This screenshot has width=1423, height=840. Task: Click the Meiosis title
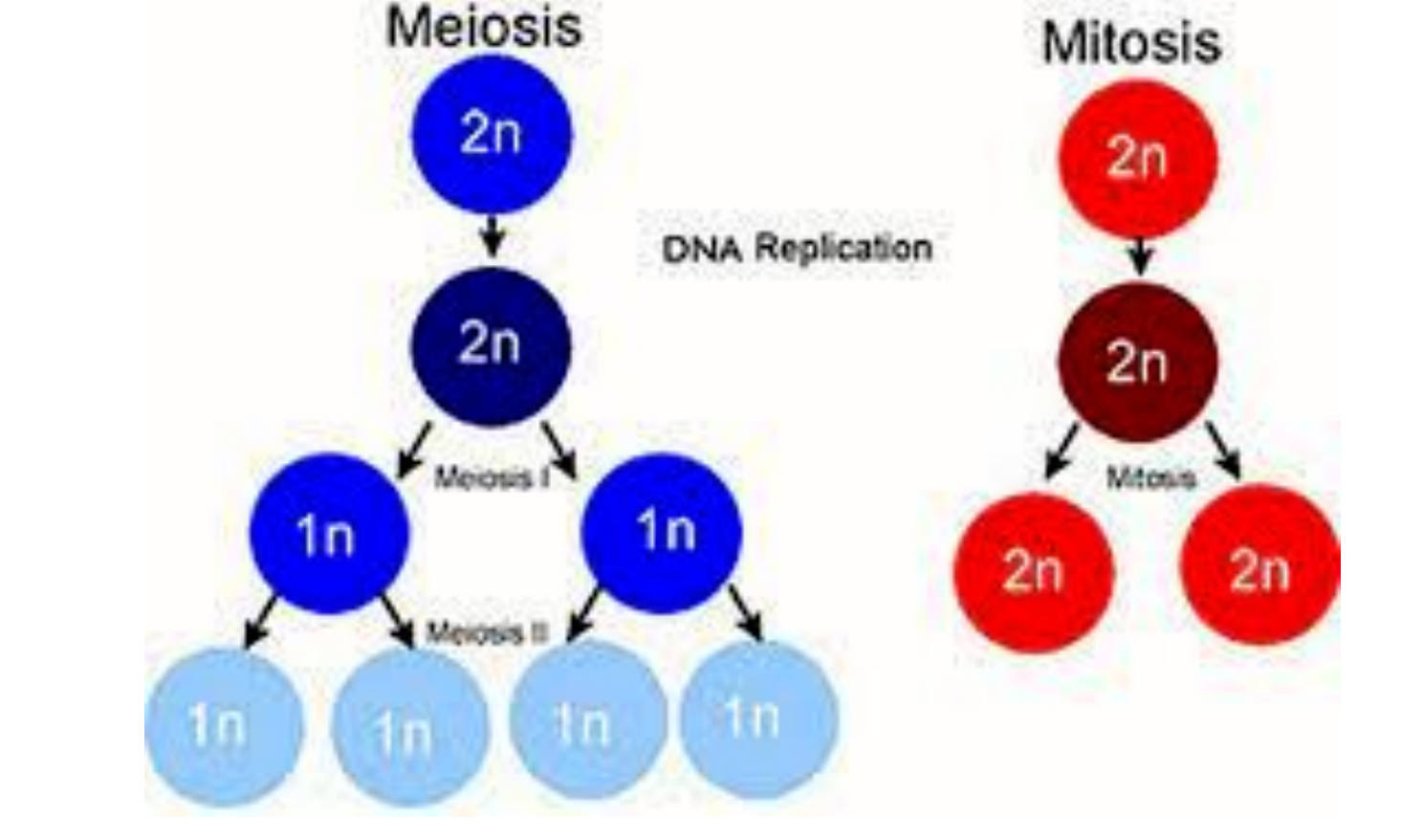(x=484, y=27)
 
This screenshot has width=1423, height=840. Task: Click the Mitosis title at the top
(x=1131, y=44)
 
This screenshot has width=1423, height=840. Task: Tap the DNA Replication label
(x=797, y=249)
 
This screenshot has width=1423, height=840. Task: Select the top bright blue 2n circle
(x=492, y=134)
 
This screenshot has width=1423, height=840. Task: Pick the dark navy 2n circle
(x=491, y=344)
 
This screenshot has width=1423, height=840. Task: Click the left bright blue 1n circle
(x=328, y=534)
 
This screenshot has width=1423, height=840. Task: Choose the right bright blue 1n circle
(x=662, y=531)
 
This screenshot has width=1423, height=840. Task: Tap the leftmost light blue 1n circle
(x=223, y=727)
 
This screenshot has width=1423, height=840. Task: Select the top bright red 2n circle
(x=1137, y=159)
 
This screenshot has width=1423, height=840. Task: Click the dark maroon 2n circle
(x=1137, y=363)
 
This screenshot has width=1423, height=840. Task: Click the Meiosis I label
(x=490, y=477)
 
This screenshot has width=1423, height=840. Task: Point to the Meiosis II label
(x=486, y=633)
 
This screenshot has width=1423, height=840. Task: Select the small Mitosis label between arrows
(x=1150, y=477)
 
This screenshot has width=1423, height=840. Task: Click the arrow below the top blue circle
(x=492, y=236)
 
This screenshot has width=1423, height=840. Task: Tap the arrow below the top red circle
(x=1139, y=255)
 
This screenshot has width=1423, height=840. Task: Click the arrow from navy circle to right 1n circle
(x=559, y=451)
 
